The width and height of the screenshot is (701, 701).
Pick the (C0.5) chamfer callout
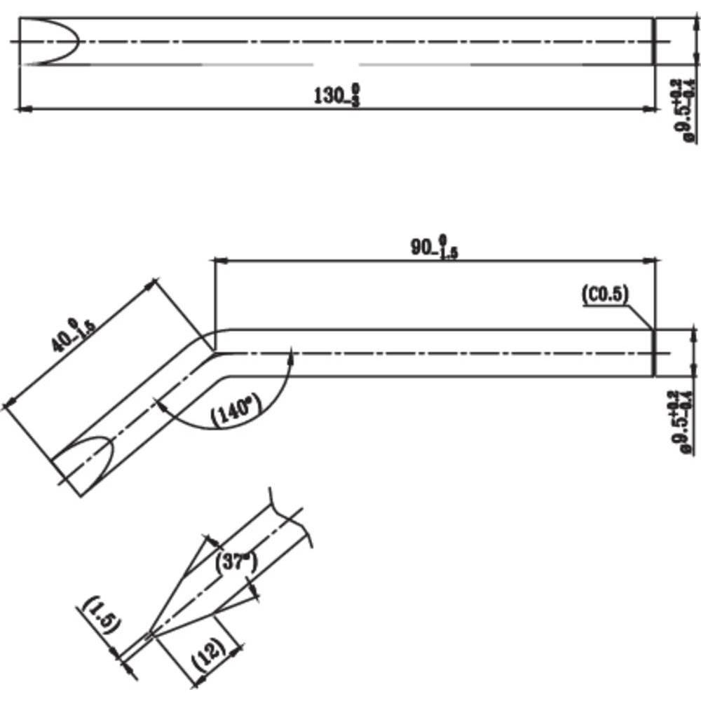pyautogui.click(x=604, y=295)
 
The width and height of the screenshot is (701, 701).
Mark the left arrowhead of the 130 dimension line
pyautogui.click(x=21, y=109)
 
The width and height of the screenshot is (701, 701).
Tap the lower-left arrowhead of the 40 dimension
pyautogui.click(x=9, y=404)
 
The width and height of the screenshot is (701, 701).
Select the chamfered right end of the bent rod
pyautogui.click(x=653, y=353)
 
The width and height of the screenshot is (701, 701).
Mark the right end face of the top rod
pyautogui.click(x=654, y=41)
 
